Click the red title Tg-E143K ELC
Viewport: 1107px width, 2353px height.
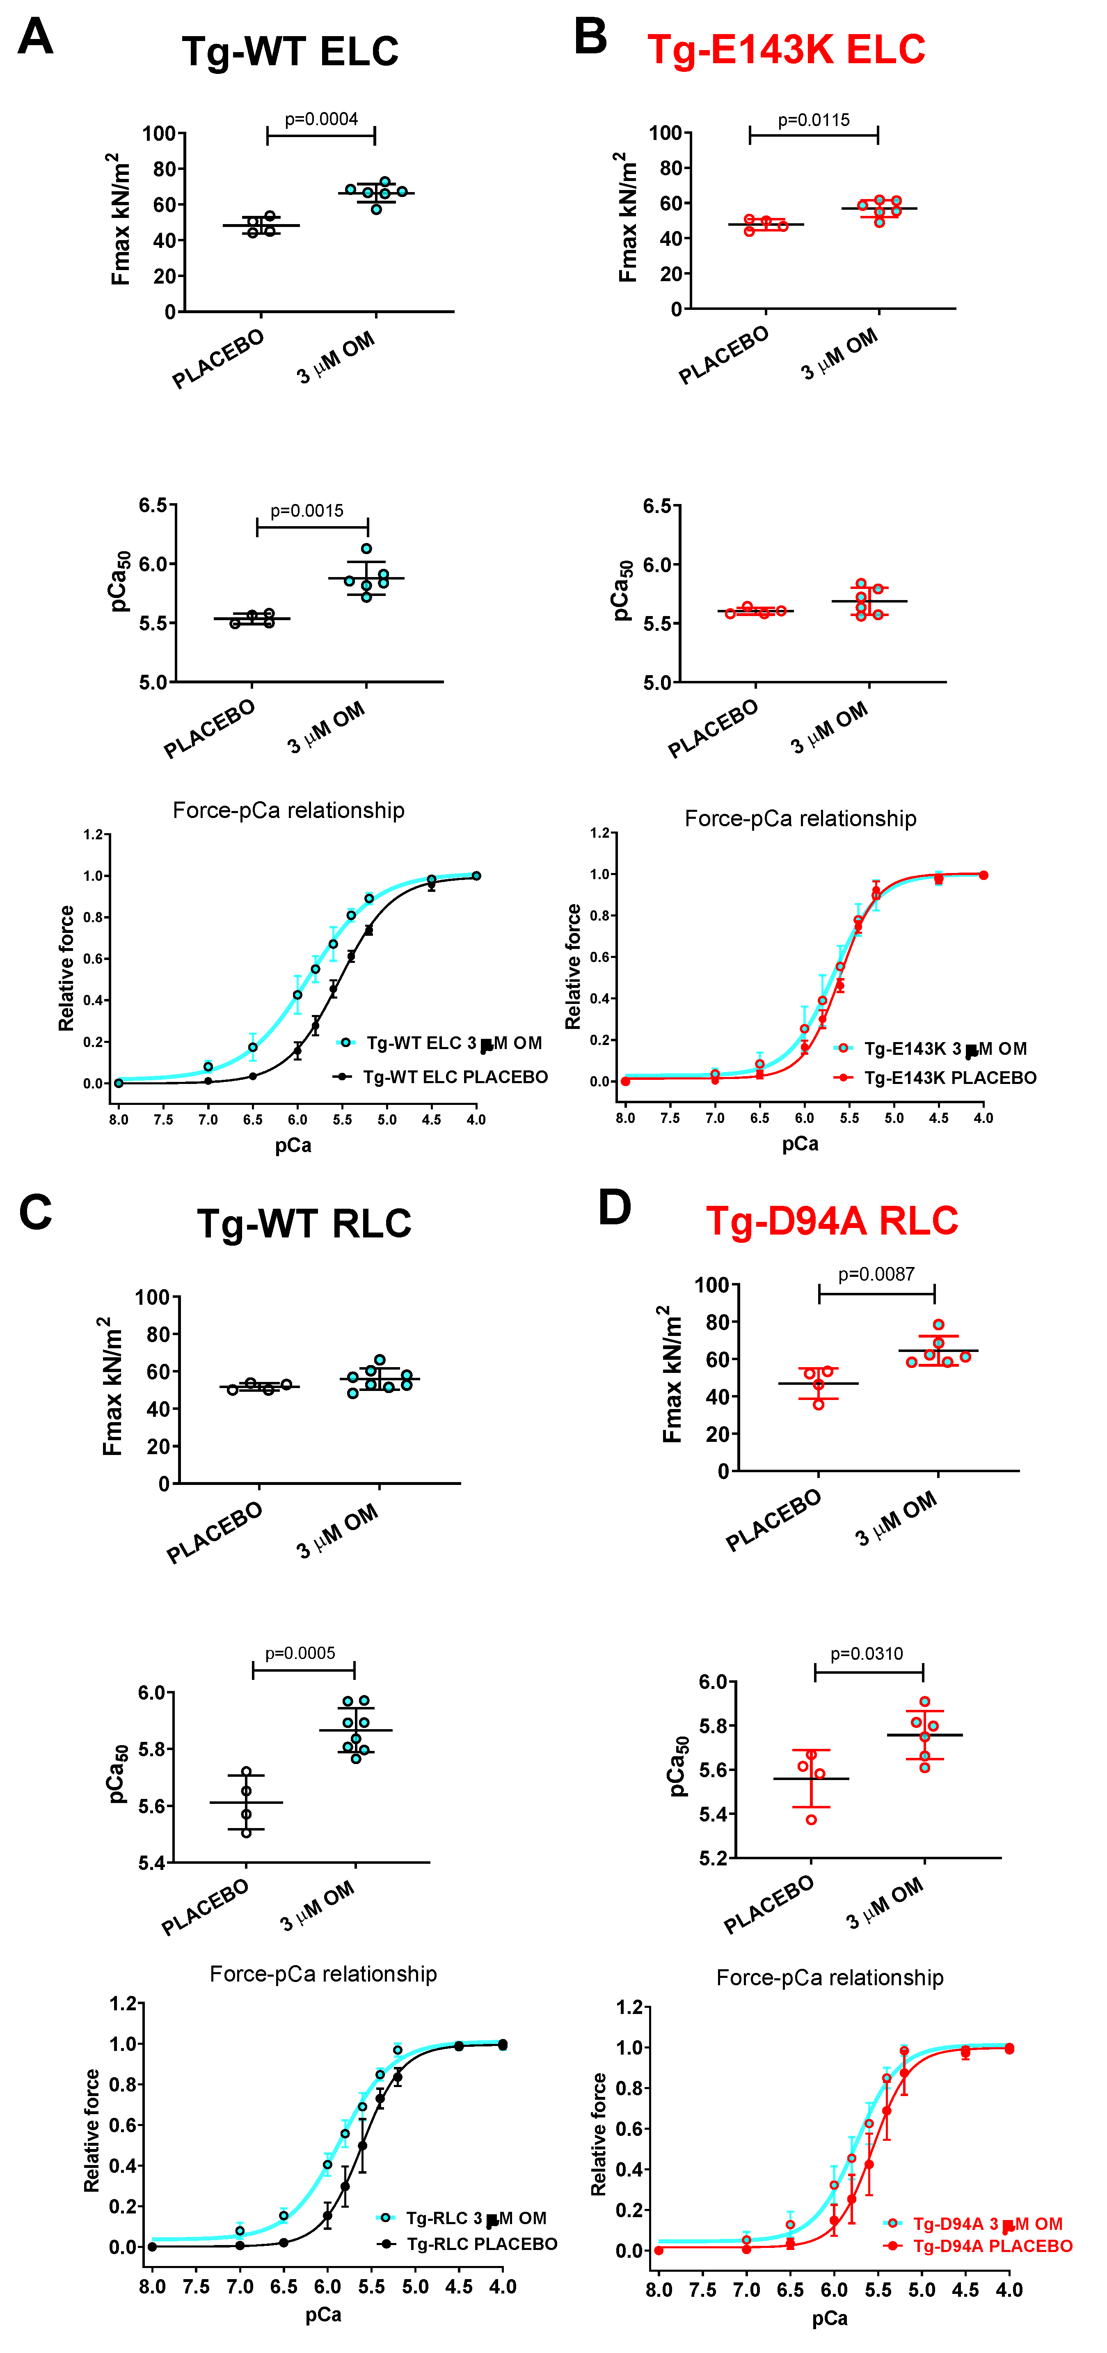(x=785, y=49)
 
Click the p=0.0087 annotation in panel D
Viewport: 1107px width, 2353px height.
(x=876, y=1274)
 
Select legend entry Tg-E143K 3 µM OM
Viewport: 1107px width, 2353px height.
(x=945, y=1049)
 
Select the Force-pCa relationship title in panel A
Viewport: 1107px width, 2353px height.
(x=288, y=810)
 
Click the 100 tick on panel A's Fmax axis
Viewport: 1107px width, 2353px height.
(x=158, y=133)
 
